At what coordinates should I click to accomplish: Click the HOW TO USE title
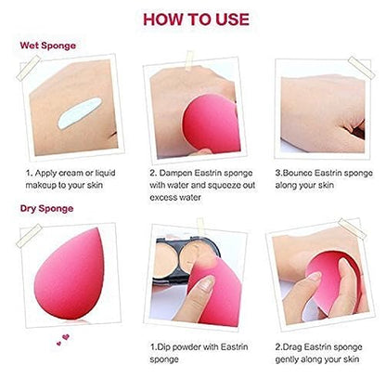click(x=196, y=20)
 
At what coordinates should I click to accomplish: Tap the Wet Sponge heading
click(x=48, y=46)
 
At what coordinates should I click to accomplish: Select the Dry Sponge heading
click(x=46, y=208)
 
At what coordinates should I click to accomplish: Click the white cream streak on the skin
click(x=80, y=112)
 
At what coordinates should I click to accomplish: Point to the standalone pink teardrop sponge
click(x=70, y=275)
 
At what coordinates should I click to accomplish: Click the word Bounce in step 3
click(x=297, y=173)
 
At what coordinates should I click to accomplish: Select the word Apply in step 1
click(x=46, y=173)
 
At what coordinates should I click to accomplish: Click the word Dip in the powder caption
click(x=163, y=347)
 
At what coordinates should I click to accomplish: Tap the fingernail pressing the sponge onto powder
click(x=207, y=282)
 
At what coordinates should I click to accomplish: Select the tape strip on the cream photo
click(x=29, y=68)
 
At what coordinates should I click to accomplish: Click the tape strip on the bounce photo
click(x=361, y=68)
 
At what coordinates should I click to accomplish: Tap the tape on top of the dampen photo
click(x=189, y=60)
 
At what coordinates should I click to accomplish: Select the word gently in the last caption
click(x=287, y=359)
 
